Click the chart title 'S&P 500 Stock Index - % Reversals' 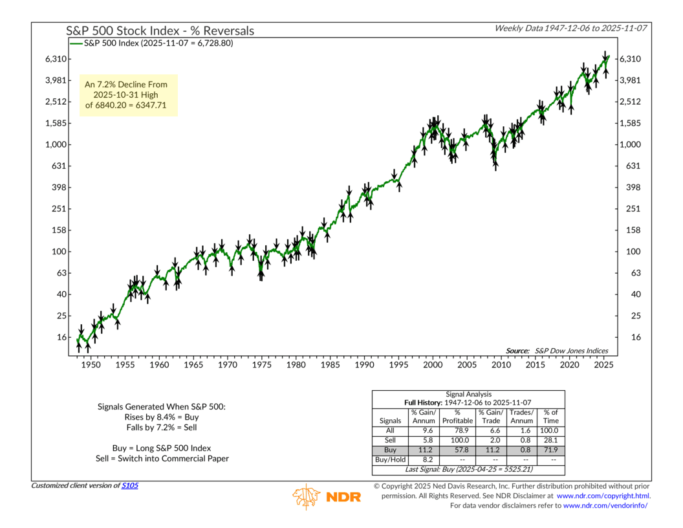pos(160,30)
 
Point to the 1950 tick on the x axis pos(91,365)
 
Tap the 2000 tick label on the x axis pos(433,365)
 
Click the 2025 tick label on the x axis pos(603,365)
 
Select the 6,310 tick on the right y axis pos(631,59)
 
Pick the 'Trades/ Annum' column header pos(521,416)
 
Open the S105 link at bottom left pos(130,485)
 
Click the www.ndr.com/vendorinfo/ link pos(606,505)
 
